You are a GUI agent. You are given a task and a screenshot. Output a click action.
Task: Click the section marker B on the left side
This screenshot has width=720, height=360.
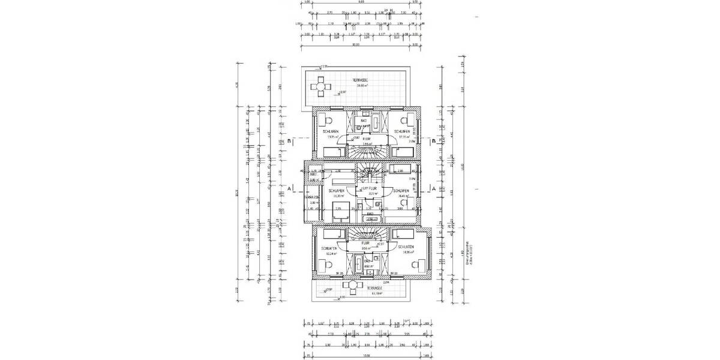coord(290,142)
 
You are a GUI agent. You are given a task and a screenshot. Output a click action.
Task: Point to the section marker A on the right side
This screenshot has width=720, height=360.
coord(433,188)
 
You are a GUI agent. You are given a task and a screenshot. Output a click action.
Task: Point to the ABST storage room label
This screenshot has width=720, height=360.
coord(313,175)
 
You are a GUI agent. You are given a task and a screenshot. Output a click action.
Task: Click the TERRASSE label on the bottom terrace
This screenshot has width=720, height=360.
coord(376,288)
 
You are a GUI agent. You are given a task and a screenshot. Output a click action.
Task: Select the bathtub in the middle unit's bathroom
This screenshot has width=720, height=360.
coord(372,220)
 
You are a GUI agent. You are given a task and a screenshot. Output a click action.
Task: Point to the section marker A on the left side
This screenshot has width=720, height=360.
coord(290,188)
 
